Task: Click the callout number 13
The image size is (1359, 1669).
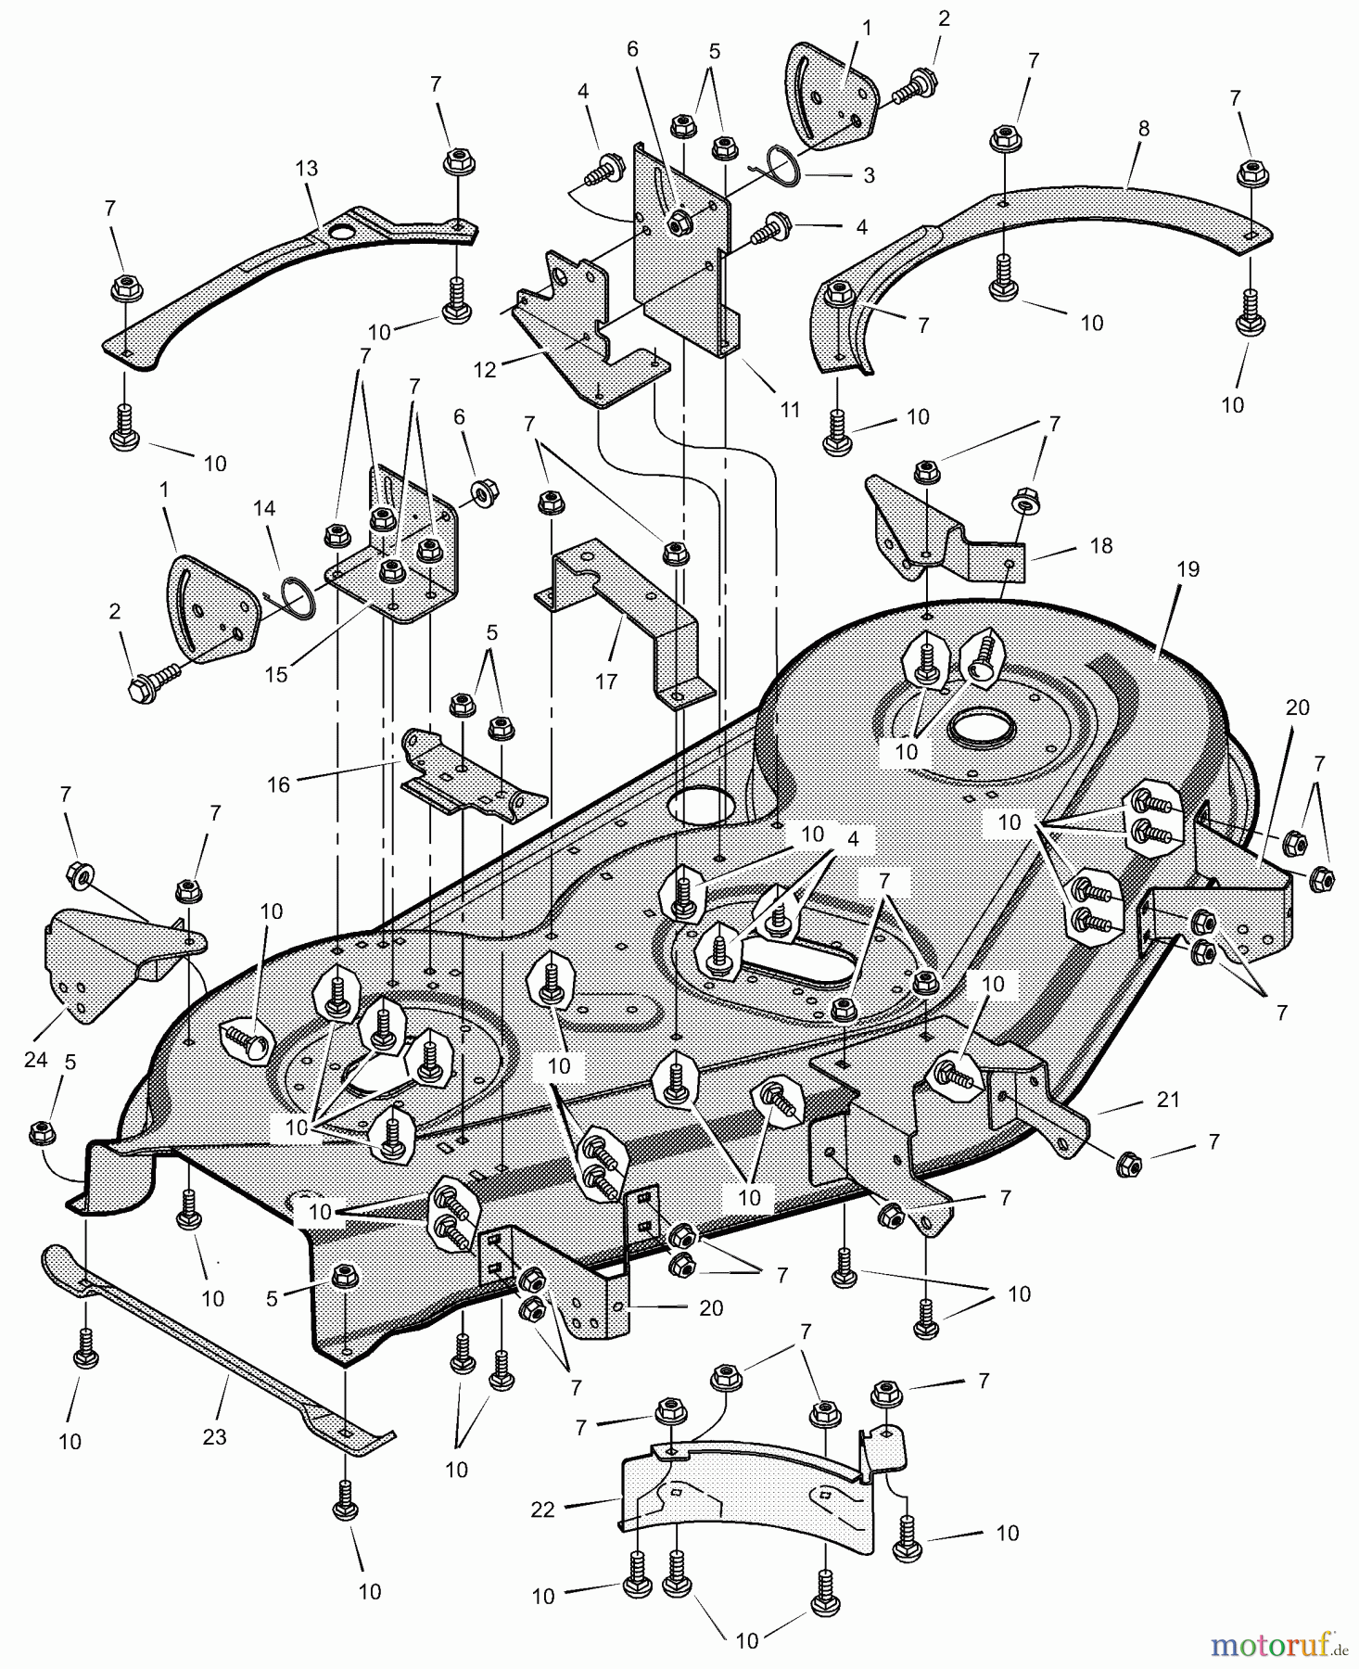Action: pyautogui.click(x=307, y=168)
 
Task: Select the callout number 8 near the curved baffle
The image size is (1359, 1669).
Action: pyautogui.click(x=1143, y=129)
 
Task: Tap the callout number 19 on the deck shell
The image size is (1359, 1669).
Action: pyautogui.click(x=1188, y=568)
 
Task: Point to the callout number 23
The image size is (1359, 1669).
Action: pyautogui.click(x=214, y=1436)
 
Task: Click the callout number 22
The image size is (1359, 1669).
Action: pyautogui.click(x=542, y=1509)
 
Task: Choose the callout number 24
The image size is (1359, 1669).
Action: pyautogui.click(x=35, y=1058)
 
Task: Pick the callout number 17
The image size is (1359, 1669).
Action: pyautogui.click(x=605, y=682)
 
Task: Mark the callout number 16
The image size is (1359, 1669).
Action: pyautogui.click(x=278, y=784)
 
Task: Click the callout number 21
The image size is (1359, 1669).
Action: pyautogui.click(x=1168, y=1099)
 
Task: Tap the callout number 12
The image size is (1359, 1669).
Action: pyautogui.click(x=485, y=369)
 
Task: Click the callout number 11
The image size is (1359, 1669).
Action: pyautogui.click(x=790, y=409)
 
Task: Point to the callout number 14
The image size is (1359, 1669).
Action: pyautogui.click(x=264, y=508)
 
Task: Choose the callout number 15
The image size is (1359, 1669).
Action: pyautogui.click(x=276, y=674)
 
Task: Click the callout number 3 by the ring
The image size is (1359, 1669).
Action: pyautogui.click(x=869, y=175)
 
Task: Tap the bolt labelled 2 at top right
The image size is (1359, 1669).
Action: pyautogui.click(x=914, y=93)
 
